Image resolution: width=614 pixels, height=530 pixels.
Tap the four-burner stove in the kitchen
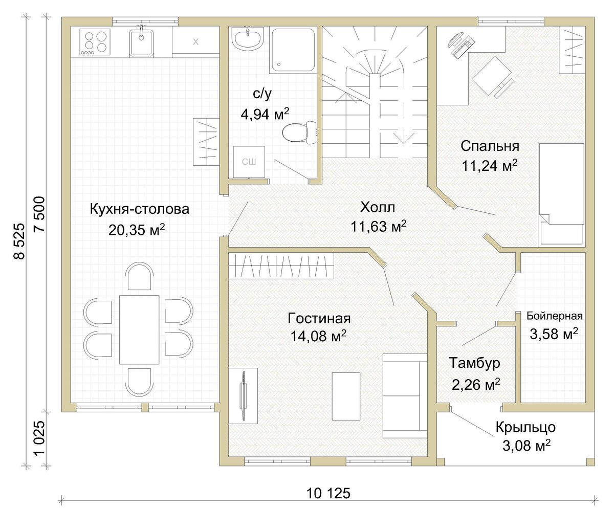(x=95, y=42)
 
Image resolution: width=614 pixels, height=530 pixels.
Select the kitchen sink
(x=141, y=42)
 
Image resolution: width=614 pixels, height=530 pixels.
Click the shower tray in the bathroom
(x=293, y=51)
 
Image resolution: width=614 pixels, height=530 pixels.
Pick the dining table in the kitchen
(x=139, y=329)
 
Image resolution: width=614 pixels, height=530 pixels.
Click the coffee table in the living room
(x=346, y=396)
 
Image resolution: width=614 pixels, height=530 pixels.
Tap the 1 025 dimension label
(x=39, y=438)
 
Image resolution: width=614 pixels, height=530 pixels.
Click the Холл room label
(x=378, y=207)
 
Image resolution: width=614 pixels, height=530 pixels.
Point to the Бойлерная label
(x=555, y=316)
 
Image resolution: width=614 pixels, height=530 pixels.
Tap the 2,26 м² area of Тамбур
(x=475, y=384)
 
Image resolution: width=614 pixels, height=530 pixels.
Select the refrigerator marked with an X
(x=195, y=42)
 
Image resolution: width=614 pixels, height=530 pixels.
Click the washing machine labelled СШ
(x=249, y=162)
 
